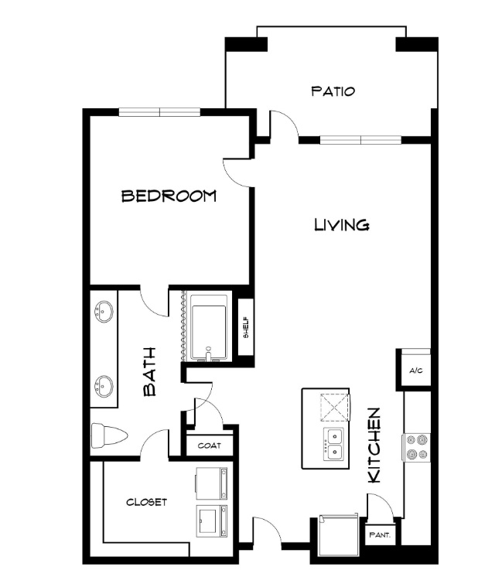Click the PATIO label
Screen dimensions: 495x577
[x=333, y=91]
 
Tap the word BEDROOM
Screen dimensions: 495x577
[x=169, y=196]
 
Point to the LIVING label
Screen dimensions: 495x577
[x=342, y=224]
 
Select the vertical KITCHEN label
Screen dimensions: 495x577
[x=374, y=445]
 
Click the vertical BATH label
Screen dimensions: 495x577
[x=150, y=372]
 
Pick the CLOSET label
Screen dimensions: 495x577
[x=146, y=502]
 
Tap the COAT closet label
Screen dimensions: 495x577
[x=210, y=446]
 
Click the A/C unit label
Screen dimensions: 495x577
[x=416, y=370]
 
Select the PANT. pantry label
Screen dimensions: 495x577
[x=380, y=534]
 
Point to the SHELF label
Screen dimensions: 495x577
[x=246, y=327]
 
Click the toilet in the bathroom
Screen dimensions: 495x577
[x=109, y=435]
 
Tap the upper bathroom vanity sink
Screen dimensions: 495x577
[x=104, y=312]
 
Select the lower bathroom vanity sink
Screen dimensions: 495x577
[x=104, y=387]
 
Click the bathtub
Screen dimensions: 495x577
[x=208, y=326]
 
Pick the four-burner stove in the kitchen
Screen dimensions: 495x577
[x=417, y=447]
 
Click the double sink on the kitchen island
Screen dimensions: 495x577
[x=334, y=444]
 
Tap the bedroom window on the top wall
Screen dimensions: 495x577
[x=159, y=112]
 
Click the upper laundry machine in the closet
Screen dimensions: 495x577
[x=212, y=483]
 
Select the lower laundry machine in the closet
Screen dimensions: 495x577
[x=212, y=521]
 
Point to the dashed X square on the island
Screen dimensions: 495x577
[x=335, y=407]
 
